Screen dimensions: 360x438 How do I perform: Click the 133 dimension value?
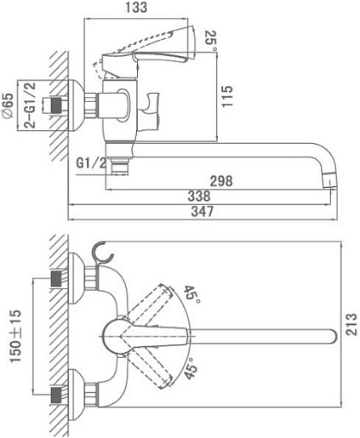tap(136, 8)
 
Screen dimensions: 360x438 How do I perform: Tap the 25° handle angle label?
tap(211, 40)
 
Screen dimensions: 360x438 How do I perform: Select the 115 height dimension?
tap(227, 96)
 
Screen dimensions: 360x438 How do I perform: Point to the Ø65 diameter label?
tap(8, 105)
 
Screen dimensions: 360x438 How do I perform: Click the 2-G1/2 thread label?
tap(30, 105)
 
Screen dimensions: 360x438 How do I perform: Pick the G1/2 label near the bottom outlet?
tap(91, 163)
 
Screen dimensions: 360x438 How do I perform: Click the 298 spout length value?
tap(221, 181)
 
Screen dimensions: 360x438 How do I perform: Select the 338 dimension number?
tap(199, 196)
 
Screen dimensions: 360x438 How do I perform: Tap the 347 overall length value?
tap(202, 211)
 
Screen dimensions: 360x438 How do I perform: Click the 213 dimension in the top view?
tap(351, 324)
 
